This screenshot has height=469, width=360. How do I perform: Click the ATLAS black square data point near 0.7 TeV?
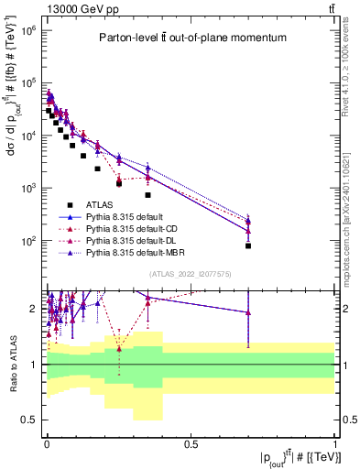pyautogui.click(x=248, y=245)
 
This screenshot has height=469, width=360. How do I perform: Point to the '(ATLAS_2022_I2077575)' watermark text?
pyautogui.click(x=190, y=274)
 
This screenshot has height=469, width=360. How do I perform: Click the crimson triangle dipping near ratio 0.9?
pyautogui.click(x=118, y=374)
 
